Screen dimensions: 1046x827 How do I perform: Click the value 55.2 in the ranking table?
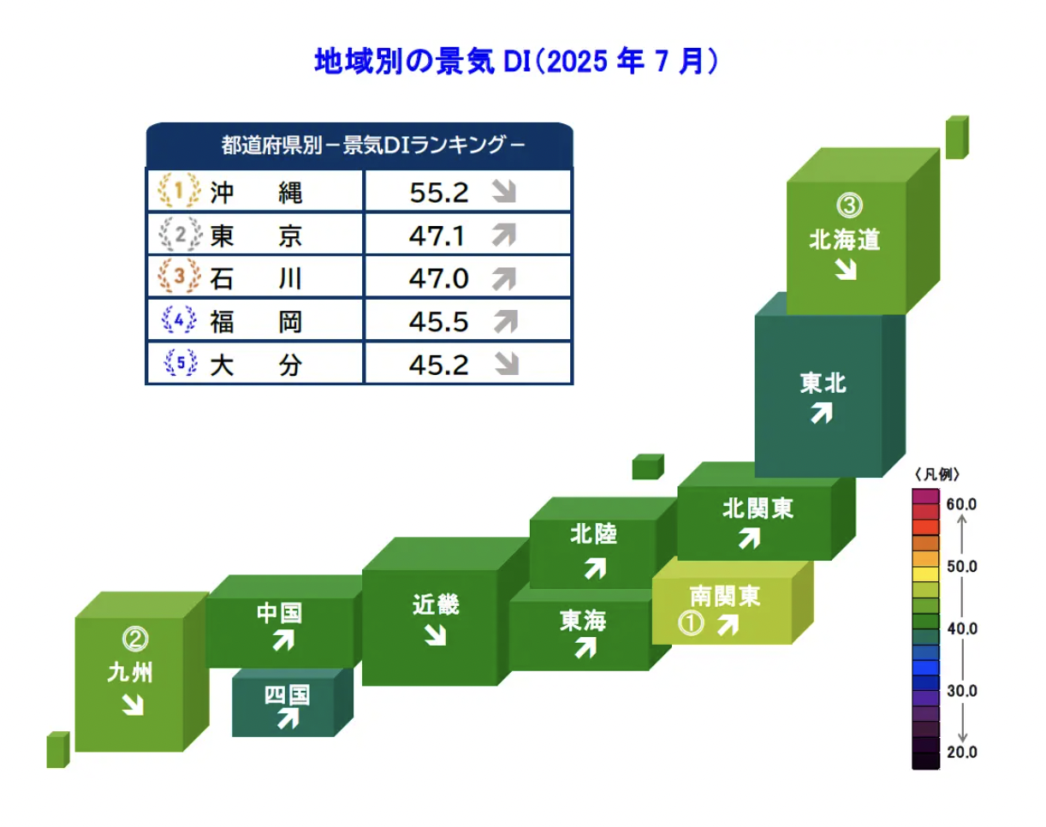(x=439, y=193)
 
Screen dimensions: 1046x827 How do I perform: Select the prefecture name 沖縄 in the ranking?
(x=256, y=193)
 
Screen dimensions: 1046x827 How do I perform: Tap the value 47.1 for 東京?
(x=437, y=235)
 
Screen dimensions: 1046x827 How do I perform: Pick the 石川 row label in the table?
(x=256, y=278)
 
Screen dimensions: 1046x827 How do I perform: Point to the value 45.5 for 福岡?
(x=438, y=322)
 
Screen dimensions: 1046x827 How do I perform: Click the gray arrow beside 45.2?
(x=507, y=364)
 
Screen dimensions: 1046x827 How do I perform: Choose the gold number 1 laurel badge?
(x=179, y=190)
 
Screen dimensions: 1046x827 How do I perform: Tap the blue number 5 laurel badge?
(x=181, y=363)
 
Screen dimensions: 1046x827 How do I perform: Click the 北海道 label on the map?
(x=844, y=240)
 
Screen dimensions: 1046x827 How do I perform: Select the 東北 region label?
(x=823, y=384)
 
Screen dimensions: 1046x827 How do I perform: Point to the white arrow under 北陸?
(x=596, y=568)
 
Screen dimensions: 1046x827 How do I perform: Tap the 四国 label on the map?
(x=287, y=695)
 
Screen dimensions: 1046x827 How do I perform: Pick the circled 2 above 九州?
(x=135, y=639)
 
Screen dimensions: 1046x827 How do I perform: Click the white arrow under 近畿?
(x=435, y=634)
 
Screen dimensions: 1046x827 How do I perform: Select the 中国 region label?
(x=279, y=613)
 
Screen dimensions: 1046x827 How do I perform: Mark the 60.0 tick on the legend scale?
(x=961, y=504)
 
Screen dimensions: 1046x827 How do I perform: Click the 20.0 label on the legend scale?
(x=961, y=753)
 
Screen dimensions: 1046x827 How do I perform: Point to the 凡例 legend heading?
(x=936, y=474)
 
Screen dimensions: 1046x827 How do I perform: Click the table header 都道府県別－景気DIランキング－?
(x=373, y=145)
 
